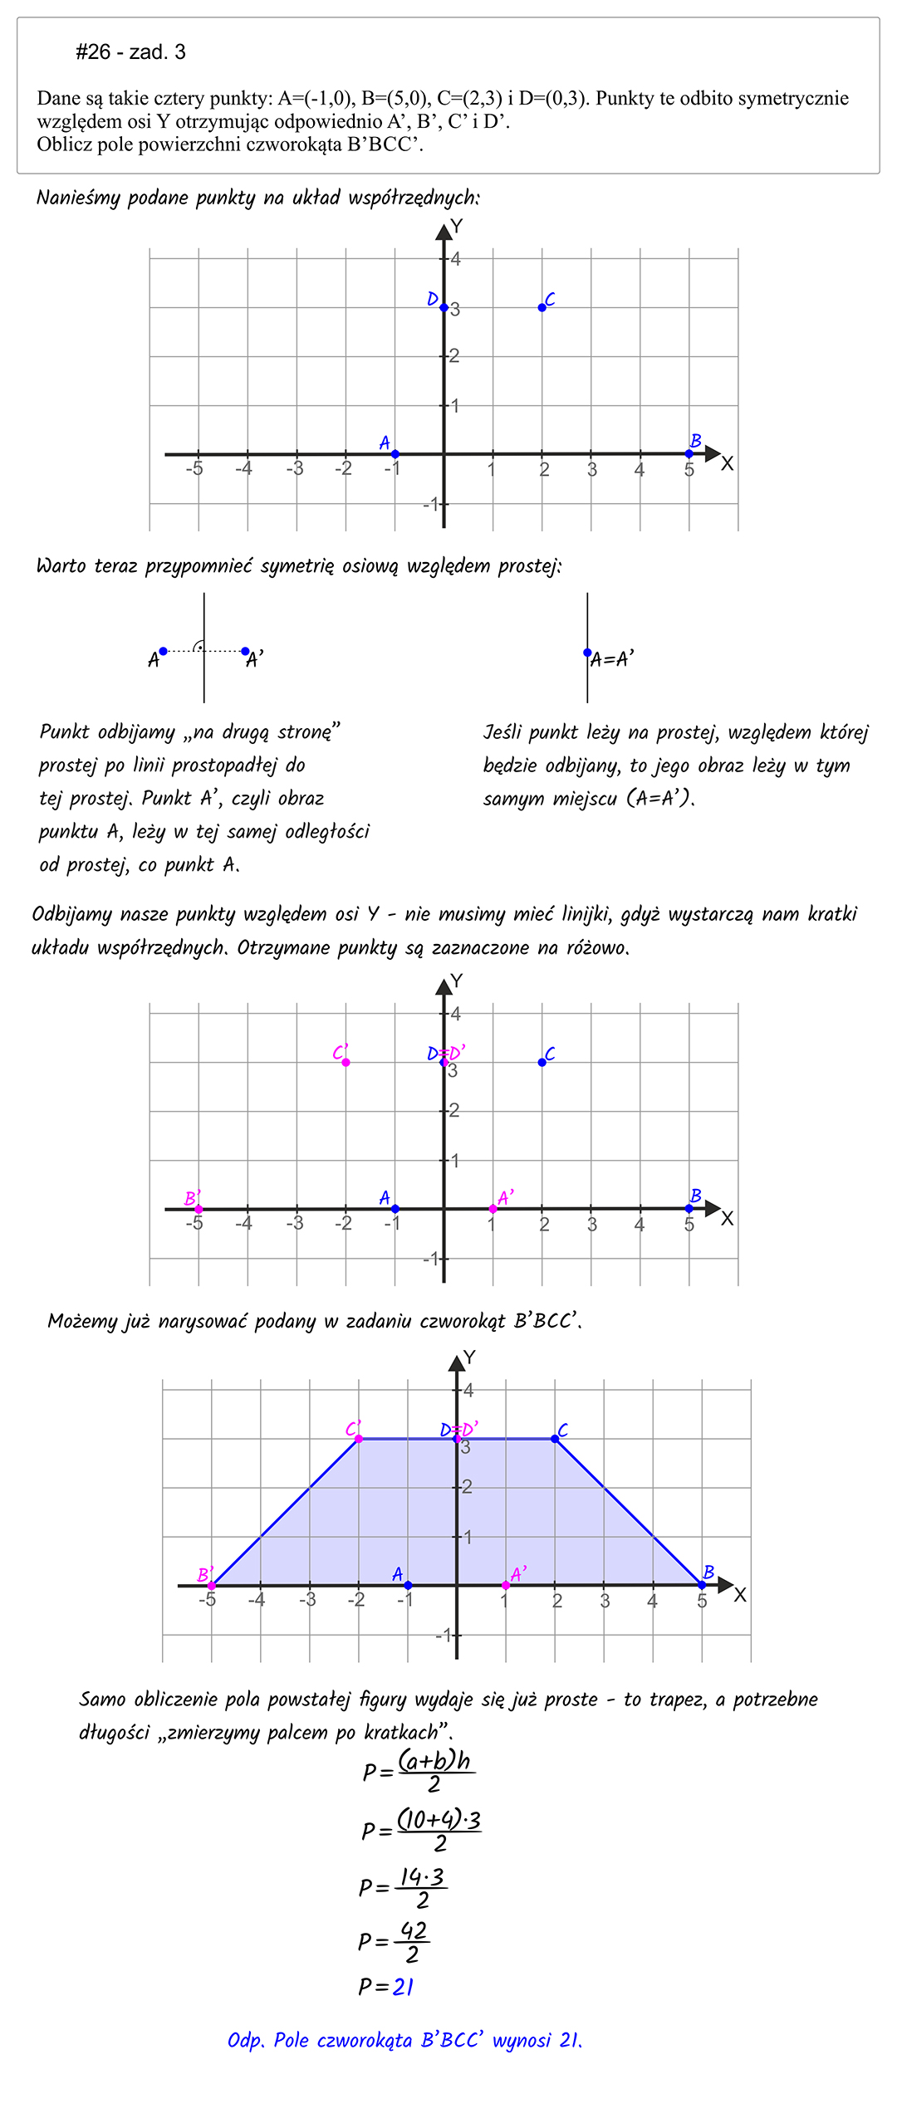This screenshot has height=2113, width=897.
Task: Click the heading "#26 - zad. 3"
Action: point(130,52)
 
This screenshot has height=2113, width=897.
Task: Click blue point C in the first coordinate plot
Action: point(542,307)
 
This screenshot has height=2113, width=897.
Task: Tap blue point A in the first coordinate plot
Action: point(395,454)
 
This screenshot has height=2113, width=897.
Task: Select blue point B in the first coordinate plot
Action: point(689,453)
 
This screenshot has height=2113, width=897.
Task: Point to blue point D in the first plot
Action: point(444,308)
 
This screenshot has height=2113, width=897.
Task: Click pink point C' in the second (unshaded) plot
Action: point(346,1062)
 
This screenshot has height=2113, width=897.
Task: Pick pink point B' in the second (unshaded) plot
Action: point(199,1209)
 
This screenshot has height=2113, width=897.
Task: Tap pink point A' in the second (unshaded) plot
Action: point(493,1209)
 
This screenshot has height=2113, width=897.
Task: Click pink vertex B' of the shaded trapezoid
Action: point(212,1586)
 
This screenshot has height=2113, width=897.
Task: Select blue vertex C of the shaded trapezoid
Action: point(556,1439)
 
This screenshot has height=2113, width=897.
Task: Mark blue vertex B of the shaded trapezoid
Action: point(703,1585)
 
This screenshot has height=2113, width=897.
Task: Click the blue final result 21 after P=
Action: point(404,1987)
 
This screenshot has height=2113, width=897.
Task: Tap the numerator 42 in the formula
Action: point(413,1930)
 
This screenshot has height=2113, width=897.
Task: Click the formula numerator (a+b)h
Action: point(434,1760)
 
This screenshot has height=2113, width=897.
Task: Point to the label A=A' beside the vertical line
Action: point(612,659)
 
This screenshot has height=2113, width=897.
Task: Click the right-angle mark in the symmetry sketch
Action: point(199,647)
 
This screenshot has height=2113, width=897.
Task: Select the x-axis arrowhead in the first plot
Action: point(712,453)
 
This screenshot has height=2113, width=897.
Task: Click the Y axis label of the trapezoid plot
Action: point(469,1357)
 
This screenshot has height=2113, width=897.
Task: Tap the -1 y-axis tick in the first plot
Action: point(431,504)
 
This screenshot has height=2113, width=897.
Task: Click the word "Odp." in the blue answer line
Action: point(246,2040)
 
